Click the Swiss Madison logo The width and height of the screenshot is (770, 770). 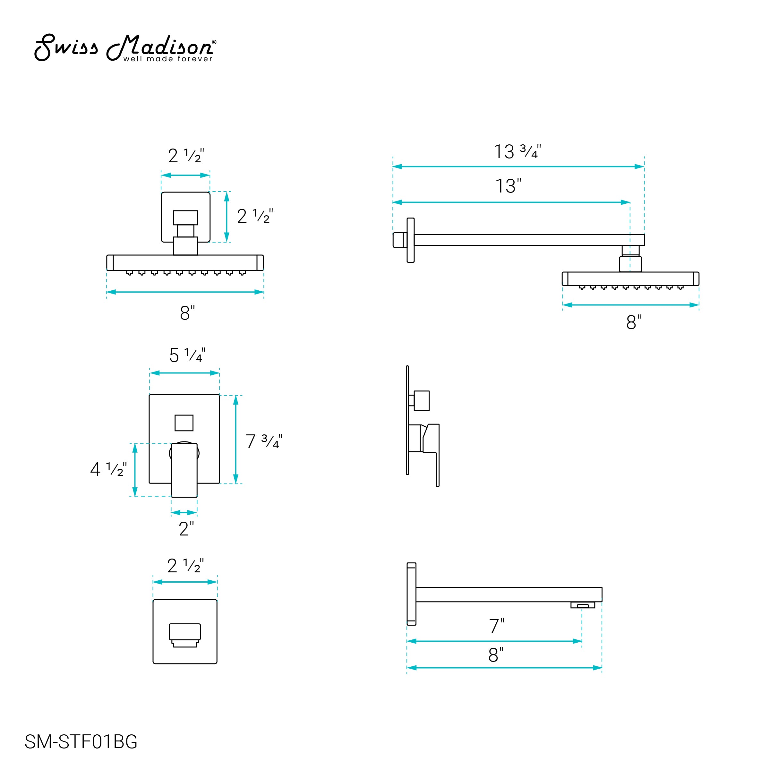tap(125, 48)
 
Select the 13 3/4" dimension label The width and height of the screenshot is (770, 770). tap(517, 151)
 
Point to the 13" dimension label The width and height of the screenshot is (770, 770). tap(508, 186)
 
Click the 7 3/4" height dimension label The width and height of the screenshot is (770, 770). tap(264, 441)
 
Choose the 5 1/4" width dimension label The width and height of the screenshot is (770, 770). tap(187, 355)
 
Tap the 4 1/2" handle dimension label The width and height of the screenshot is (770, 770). tap(108, 469)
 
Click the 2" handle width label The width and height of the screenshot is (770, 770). tap(186, 528)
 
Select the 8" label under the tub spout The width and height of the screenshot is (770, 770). tap(496, 654)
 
